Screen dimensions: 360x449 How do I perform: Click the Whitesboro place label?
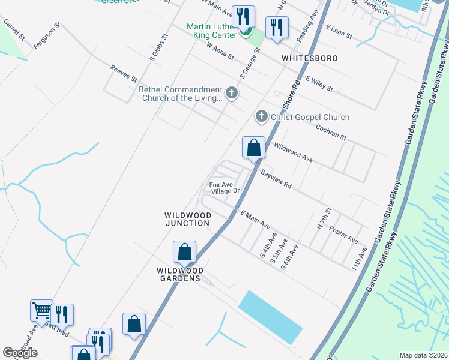(x=310, y=58)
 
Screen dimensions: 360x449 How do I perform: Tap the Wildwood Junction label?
(x=188, y=219)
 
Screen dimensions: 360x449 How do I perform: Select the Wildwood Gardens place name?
(x=180, y=274)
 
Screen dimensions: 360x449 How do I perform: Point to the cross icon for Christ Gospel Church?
(x=261, y=116)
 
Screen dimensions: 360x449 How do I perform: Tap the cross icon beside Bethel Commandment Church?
(x=232, y=93)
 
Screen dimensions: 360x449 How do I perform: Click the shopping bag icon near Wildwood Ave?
(x=253, y=148)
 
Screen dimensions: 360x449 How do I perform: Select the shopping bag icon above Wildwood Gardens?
(x=185, y=252)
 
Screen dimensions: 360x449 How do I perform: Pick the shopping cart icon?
(x=41, y=311)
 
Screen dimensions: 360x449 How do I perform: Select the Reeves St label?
(x=124, y=74)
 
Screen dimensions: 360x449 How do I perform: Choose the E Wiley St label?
(x=319, y=83)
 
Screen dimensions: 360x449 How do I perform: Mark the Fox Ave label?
(x=220, y=184)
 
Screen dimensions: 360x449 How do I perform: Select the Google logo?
(x=20, y=353)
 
